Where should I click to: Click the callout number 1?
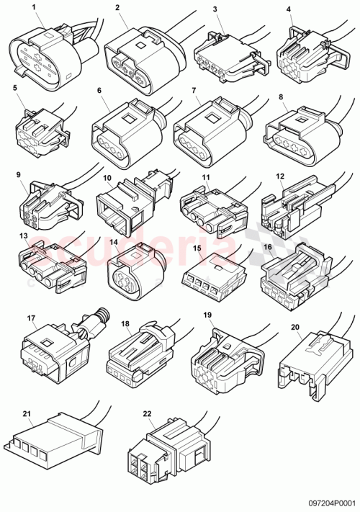[x=33, y=9]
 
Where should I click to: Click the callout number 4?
[x=289, y=9]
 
